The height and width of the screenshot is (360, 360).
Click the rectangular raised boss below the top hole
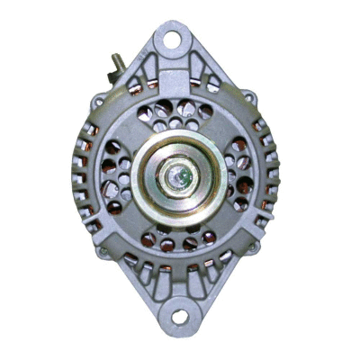[176, 81]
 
